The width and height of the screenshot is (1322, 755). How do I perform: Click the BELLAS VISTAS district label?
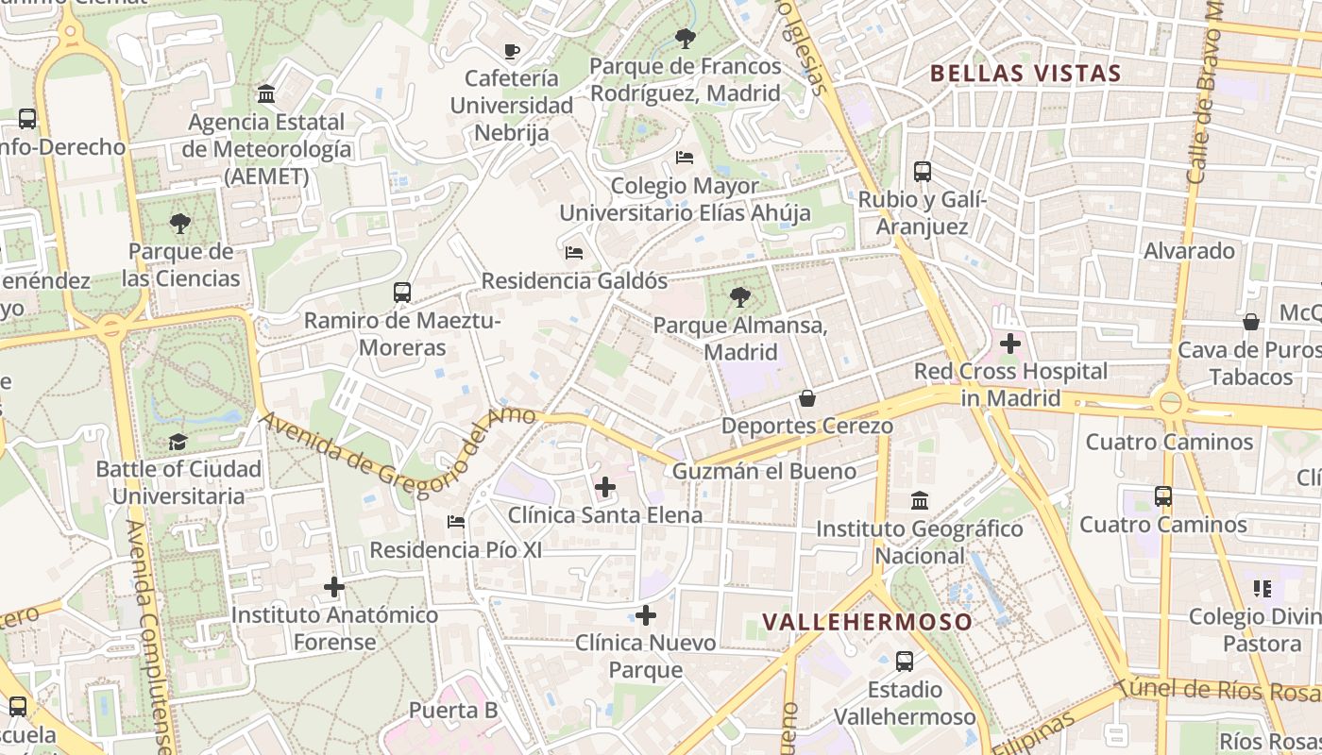click(1025, 74)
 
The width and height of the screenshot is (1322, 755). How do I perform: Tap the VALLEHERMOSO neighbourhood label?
click(867, 622)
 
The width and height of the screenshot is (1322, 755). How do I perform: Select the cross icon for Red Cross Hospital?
click(1009, 344)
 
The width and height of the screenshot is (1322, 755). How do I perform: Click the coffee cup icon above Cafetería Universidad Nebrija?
click(512, 51)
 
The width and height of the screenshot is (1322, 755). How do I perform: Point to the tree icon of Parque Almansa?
click(740, 298)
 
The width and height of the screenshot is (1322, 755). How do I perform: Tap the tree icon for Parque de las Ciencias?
click(180, 224)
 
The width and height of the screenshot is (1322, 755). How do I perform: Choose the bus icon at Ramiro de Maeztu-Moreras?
click(402, 293)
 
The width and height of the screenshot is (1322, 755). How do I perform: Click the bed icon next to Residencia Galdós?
click(573, 252)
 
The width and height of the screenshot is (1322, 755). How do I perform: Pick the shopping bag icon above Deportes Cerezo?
click(807, 398)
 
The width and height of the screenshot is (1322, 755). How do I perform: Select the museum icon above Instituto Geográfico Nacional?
click(920, 501)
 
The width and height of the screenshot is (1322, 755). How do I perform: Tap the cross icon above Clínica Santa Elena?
click(605, 488)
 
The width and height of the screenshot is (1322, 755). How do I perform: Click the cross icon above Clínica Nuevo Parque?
click(646, 616)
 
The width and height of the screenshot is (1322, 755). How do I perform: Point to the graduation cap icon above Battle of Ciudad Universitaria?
click(178, 442)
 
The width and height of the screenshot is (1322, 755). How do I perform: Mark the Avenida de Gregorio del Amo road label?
click(397, 449)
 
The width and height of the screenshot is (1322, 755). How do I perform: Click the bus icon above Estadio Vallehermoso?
click(905, 662)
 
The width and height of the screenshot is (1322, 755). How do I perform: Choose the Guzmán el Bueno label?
click(766, 471)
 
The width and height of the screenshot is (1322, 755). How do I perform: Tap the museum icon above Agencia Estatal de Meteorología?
click(266, 94)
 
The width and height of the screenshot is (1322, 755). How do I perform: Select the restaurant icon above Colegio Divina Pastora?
click(1263, 589)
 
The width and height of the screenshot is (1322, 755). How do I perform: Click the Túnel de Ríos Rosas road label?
click(1218, 691)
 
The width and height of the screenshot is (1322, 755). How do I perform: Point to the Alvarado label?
click(1189, 251)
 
